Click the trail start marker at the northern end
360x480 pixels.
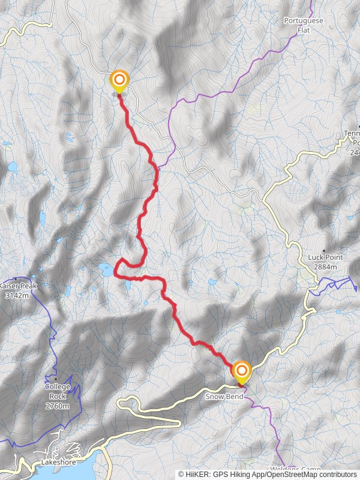click(119, 80)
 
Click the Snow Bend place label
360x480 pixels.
click(224, 397)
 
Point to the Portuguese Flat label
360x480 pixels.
click(304, 25)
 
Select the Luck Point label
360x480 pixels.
click(324, 257)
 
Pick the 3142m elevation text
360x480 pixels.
click(17, 295)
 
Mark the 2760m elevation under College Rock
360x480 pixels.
click(58, 406)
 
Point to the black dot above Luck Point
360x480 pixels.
click(324, 251)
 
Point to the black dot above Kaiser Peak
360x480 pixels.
click(15, 279)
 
